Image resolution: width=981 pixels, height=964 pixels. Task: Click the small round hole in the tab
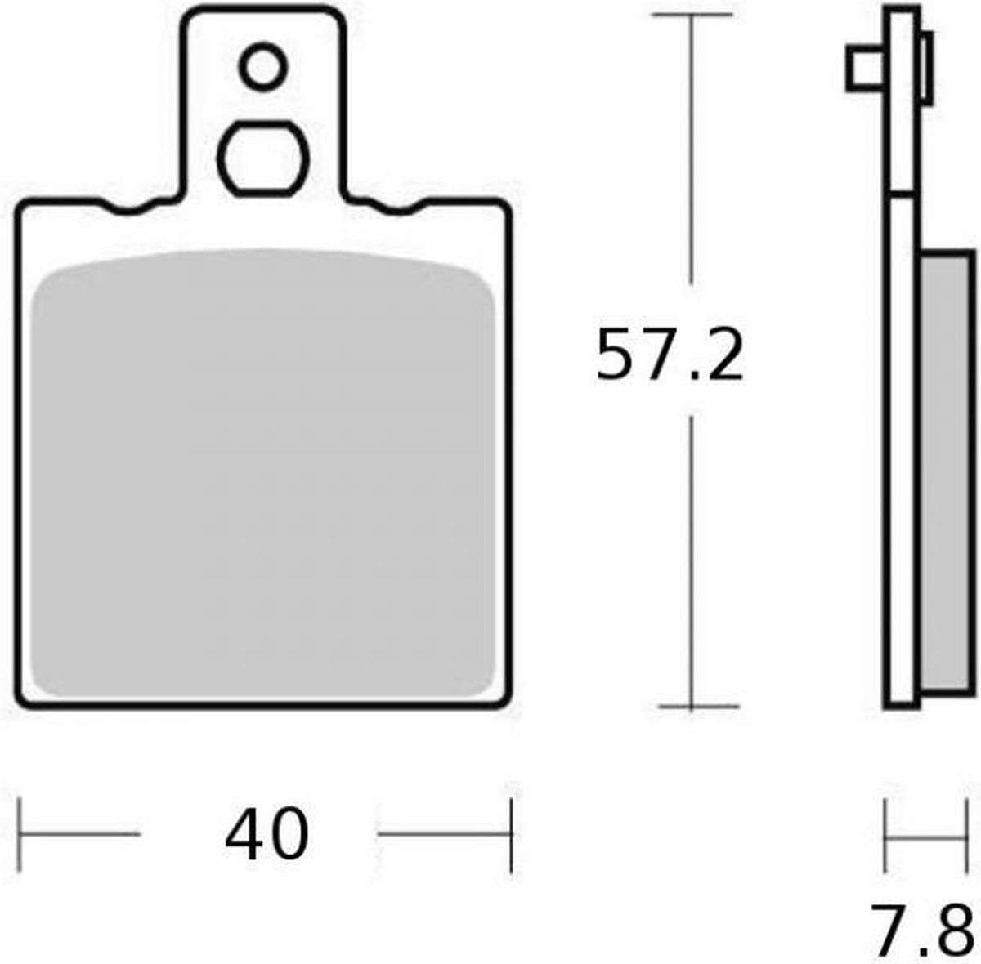(263, 67)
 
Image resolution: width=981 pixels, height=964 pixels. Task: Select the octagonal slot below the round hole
(263, 158)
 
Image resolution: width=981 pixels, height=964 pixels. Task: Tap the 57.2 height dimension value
(670, 355)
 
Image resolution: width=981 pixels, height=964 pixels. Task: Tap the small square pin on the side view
(866, 69)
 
